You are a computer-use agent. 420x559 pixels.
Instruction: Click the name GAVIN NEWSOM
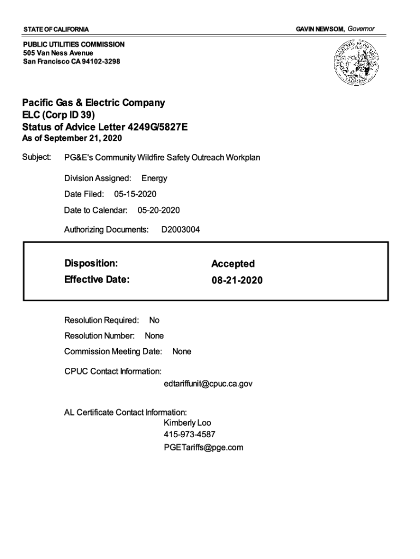320,28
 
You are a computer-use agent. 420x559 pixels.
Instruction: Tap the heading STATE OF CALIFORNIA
56,29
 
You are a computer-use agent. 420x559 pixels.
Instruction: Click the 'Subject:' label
37,158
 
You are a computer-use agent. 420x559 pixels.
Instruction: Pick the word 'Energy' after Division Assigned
154,179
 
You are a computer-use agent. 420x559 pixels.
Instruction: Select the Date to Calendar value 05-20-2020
159,210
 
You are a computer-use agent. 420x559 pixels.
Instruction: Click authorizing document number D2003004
181,230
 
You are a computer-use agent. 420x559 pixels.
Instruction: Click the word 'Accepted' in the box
233,264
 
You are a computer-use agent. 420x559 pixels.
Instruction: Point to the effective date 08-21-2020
237,281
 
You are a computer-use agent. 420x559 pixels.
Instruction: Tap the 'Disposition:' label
91,264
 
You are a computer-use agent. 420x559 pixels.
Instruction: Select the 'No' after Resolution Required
154,320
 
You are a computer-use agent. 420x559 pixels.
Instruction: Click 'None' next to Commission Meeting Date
182,352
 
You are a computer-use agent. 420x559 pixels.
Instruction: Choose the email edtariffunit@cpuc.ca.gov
208,384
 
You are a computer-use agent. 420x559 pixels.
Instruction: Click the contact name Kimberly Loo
187,423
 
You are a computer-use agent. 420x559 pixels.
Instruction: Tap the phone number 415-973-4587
189,435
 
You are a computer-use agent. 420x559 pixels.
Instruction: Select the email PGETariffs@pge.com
203,448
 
